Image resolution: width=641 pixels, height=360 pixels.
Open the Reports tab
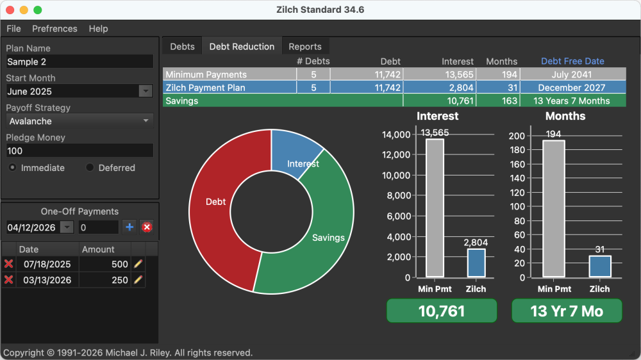pyautogui.click(x=305, y=47)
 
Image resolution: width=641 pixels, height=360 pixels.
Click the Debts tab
pyautogui.click(x=183, y=47)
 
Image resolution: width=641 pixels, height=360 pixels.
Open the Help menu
pyautogui.click(x=98, y=29)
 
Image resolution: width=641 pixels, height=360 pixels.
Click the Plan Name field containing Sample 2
pyautogui.click(x=79, y=61)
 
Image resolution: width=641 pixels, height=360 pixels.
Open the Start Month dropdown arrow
pyautogui.click(x=146, y=91)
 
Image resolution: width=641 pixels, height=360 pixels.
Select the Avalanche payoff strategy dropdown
pyautogui.click(x=79, y=121)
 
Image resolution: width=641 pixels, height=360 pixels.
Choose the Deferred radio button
pyautogui.click(x=90, y=168)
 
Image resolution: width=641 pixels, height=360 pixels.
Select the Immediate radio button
pyautogui.click(x=13, y=168)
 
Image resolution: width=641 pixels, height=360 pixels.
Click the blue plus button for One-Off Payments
pyautogui.click(x=129, y=227)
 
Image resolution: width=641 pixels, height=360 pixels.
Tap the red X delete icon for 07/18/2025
pyautogui.click(x=9, y=264)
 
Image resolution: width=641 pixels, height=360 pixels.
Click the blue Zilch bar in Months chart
pyautogui.click(x=600, y=266)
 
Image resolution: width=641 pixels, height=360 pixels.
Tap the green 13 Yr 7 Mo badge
pyautogui.click(x=567, y=311)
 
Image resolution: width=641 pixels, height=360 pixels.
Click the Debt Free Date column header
pyautogui.click(x=572, y=61)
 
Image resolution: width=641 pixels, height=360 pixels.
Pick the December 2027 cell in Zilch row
pyautogui.click(x=572, y=88)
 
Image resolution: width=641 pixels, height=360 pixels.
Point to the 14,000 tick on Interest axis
pyautogui.click(x=396, y=135)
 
